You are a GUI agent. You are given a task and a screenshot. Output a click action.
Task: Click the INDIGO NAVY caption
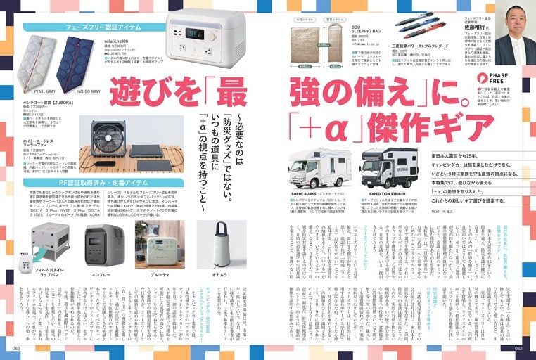[x=77, y=91]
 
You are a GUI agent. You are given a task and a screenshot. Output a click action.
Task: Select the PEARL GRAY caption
[x=44, y=91]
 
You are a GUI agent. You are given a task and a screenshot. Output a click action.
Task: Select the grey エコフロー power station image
[x=105, y=244]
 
